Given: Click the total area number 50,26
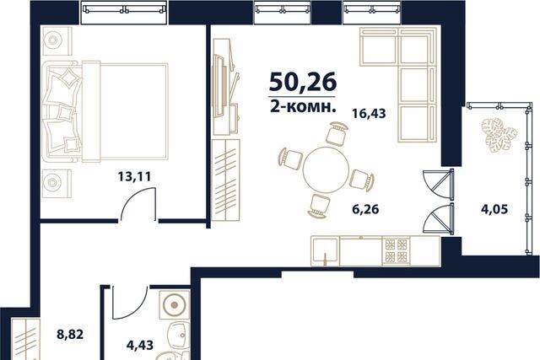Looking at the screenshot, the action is point(303,83).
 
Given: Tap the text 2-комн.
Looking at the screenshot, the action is point(303,107).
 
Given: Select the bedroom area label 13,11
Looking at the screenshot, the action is point(134,177).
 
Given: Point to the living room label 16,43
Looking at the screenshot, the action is point(369,113).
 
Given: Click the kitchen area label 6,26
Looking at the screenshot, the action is point(365,209).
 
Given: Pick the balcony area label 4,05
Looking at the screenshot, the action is point(494,209).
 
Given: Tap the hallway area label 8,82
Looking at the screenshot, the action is point(70,334).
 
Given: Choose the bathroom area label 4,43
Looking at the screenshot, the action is point(140,345).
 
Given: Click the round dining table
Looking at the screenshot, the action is point(326,170).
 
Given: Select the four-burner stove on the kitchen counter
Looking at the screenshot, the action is point(397,251).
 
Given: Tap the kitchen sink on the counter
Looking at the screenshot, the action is point(325,251).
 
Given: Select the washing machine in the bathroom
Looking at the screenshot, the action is point(175,305).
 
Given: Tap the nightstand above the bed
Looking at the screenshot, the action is point(57,41).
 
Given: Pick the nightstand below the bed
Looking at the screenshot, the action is point(57,184).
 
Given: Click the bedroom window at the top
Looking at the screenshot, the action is point(124,12).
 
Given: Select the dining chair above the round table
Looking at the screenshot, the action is point(336,133).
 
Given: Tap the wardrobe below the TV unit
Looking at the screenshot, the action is point(225,180).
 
